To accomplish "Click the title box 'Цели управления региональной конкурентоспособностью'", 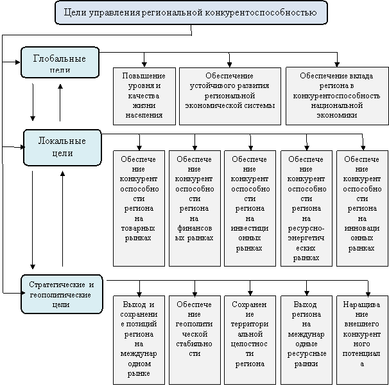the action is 191,13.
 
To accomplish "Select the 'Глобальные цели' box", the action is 60,62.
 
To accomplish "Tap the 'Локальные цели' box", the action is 62,148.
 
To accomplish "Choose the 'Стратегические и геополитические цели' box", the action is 62,294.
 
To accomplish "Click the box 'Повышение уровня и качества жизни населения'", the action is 144,96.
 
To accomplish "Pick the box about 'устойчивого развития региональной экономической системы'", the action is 230,96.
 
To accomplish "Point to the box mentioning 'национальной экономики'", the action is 337,96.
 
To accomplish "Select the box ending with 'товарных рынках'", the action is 139,208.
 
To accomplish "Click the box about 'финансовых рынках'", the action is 195,208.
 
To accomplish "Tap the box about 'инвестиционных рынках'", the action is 250,208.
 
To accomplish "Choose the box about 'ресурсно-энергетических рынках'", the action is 306,208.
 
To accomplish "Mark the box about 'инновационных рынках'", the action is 362,208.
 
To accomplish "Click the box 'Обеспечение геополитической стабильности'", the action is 195,340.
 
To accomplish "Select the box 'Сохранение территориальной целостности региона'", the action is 250,340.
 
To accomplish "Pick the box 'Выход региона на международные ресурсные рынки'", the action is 306,340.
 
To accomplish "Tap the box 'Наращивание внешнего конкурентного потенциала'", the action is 362,340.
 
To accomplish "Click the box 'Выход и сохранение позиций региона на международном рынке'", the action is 139,340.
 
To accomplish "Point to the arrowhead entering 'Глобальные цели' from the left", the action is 18,62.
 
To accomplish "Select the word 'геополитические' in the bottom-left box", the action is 60,295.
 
